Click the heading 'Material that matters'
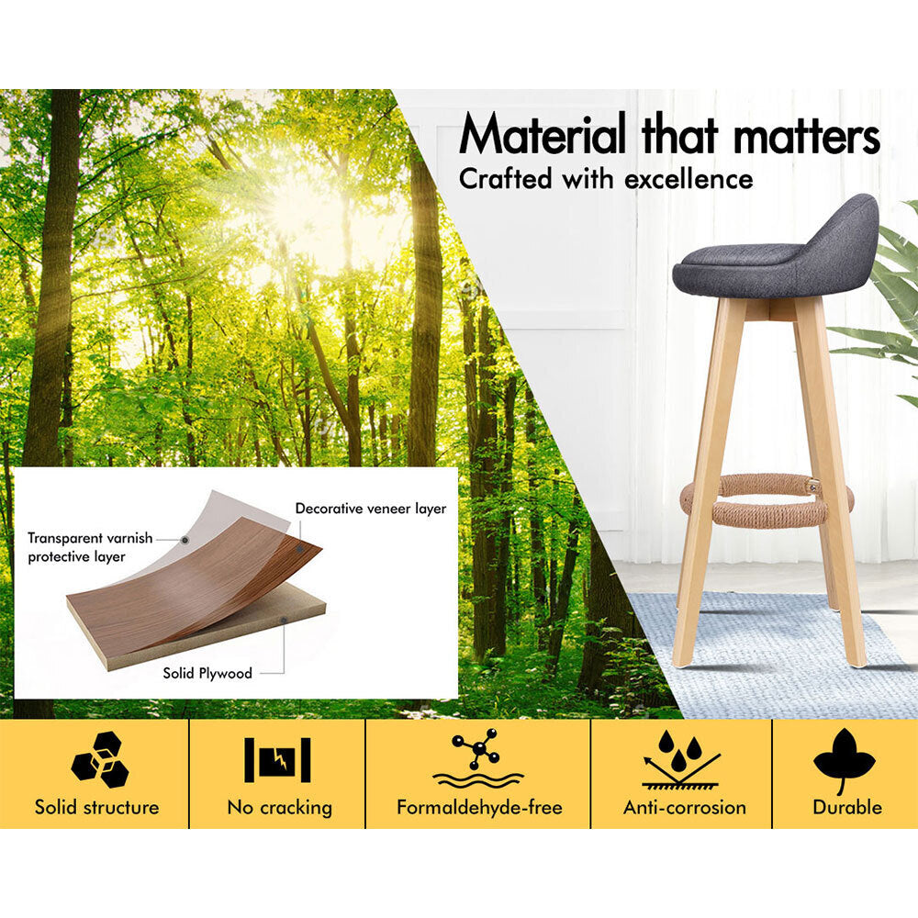coord(669,134)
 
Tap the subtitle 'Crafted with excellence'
coord(606,179)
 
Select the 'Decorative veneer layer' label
coord(371,509)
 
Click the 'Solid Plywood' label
coord(207,673)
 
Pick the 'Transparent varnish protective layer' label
coord(90,547)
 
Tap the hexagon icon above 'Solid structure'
coord(100,759)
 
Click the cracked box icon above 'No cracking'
coord(277,759)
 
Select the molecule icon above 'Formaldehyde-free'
coord(478,758)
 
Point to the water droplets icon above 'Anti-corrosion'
coord(681,758)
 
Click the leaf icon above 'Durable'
coord(844,759)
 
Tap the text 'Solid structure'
coord(96,807)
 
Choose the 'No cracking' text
coord(280,807)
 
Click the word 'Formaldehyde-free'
coord(479,807)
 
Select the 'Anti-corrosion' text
coord(685,807)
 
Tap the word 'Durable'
coord(847,807)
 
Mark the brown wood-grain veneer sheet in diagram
coord(193,586)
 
